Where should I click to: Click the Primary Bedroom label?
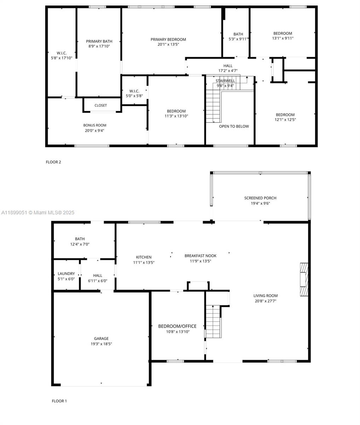168,39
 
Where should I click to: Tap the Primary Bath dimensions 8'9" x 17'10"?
99,46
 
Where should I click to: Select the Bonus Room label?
95,125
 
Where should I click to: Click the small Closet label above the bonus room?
101,105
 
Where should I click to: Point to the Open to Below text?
234,126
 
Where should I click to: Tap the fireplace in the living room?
304,279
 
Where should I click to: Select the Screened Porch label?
260,198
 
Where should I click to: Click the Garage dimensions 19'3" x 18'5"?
101,344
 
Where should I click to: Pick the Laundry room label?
66,273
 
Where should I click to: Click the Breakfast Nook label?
200,256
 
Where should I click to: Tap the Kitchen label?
144,257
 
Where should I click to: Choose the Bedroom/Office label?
177,326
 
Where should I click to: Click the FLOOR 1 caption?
59,401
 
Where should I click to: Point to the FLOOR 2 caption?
53,162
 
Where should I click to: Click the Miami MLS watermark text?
38,212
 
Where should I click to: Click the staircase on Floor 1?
213,322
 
